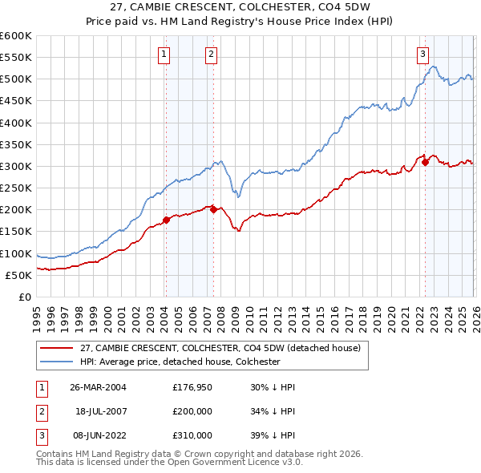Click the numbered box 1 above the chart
tap(164, 55)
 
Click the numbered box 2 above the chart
tap(211, 55)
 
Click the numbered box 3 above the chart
tap(422, 55)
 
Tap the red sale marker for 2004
tap(166, 220)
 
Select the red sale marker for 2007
tap(213, 209)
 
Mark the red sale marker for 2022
tap(425, 163)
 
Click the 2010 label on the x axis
tap(249, 317)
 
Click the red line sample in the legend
tap(57, 348)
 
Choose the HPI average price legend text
tap(180, 362)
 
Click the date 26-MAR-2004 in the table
tap(98, 387)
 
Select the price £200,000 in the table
tap(192, 411)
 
